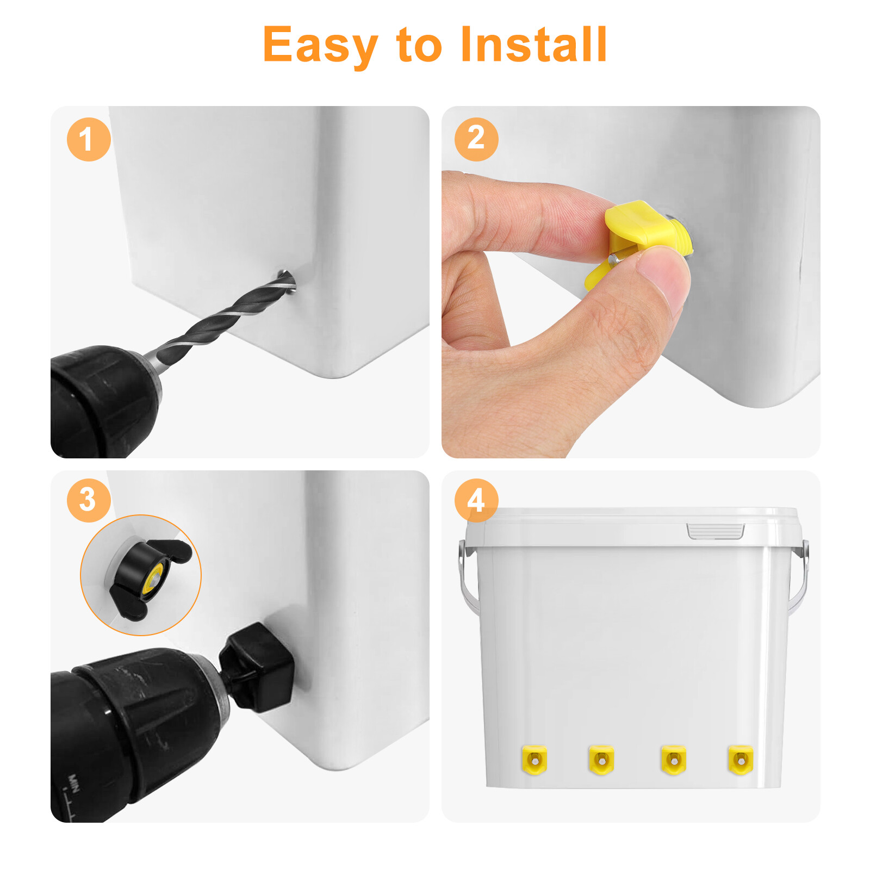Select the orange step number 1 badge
tap(89, 139)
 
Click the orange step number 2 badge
tap(476, 139)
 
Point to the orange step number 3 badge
tap(89, 500)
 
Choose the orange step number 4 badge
tap(476, 500)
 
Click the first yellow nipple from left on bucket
tap(534, 760)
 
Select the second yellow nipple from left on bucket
tap(601, 760)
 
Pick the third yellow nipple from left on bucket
tap(673, 760)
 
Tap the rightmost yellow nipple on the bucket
tap(740, 760)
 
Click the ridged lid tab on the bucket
tap(715, 531)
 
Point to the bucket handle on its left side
tap(467, 576)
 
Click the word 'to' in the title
tap(419, 46)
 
